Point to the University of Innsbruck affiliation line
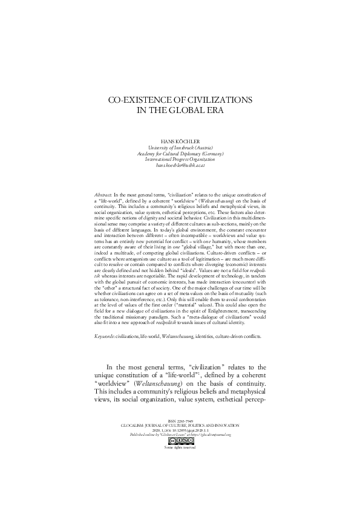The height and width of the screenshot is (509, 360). pyautogui.click(x=180, y=148)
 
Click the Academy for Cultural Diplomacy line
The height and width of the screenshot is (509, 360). pyautogui.click(x=180, y=154)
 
